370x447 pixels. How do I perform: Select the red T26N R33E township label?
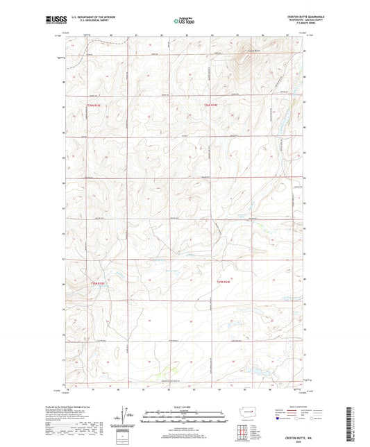coord(95,105)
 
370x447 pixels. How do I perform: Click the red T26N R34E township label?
coord(212,105)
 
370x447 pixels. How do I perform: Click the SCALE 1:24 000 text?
coord(184,407)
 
